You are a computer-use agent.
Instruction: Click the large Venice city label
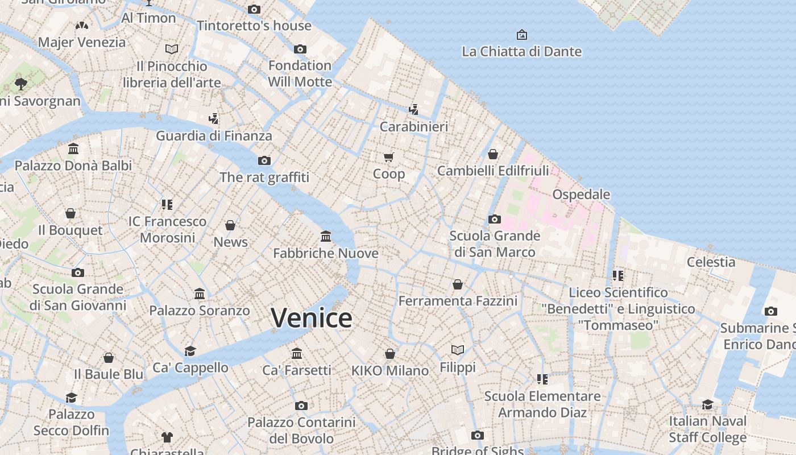click(312, 318)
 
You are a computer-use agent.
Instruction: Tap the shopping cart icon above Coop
click(389, 157)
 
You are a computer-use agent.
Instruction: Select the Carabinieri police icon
click(414, 109)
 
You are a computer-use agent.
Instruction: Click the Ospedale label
click(581, 195)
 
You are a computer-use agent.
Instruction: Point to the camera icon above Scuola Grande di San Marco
click(494, 219)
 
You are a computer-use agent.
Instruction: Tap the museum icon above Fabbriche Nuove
click(326, 236)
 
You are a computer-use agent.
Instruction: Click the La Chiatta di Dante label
click(521, 52)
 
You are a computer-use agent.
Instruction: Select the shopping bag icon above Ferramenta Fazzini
click(458, 284)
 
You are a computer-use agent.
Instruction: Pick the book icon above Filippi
click(458, 350)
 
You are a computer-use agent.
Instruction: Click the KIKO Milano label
click(390, 371)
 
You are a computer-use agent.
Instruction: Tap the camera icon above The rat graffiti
click(264, 160)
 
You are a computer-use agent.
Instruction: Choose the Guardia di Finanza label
click(214, 136)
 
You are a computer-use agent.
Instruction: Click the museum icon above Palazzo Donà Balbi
click(73, 149)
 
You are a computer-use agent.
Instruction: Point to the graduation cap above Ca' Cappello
click(190, 351)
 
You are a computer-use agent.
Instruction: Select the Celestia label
click(711, 262)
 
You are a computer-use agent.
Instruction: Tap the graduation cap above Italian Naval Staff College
click(707, 404)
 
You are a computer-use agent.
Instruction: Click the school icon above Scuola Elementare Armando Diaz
click(542, 379)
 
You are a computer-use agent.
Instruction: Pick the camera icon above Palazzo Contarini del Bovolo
click(301, 406)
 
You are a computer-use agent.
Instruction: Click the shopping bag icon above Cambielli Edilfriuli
click(493, 154)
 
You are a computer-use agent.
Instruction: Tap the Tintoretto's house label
click(254, 26)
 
